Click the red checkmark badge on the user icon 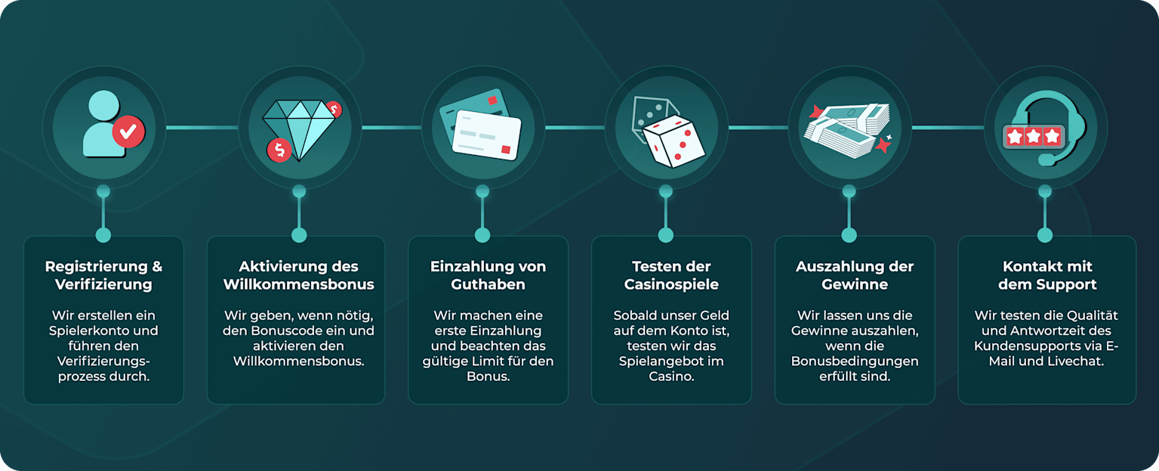click(128, 132)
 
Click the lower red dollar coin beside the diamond click(279, 150)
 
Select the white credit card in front click(487, 135)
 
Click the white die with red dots click(674, 141)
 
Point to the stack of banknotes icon click(847, 129)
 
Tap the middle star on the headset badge click(1033, 137)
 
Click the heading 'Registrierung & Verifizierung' click(103, 275)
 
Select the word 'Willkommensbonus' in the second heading click(298, 284)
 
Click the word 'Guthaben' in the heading click(488, 284)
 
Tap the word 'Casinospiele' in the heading click(671, 284)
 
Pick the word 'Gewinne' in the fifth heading click(854, 284)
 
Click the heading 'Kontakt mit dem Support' click(1047, 275)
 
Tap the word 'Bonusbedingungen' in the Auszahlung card click(855, 361)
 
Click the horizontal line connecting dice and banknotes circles click(758, 128)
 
